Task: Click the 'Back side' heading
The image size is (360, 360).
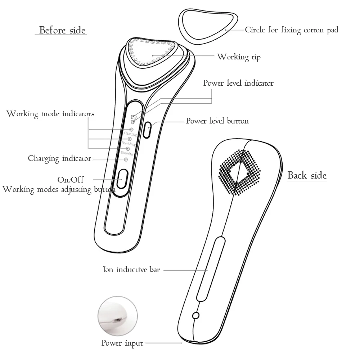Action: point(307,175)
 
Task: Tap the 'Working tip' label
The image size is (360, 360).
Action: point(238,57)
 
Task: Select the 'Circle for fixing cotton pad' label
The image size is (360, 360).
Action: point(292,30)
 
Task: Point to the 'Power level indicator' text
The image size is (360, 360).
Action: point(238,83)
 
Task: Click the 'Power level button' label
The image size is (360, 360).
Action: point(217,121)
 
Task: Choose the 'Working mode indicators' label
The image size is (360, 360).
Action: point(50,114)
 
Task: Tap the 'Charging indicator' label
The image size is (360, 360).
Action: point(59,158)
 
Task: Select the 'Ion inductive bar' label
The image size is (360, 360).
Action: point(131,269)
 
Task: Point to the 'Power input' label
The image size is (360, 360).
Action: point(122,343)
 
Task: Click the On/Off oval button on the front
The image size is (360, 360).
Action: point(122,179)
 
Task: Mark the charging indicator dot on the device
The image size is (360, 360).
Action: point(126,159)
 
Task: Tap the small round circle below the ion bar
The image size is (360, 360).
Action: point(196,315)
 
